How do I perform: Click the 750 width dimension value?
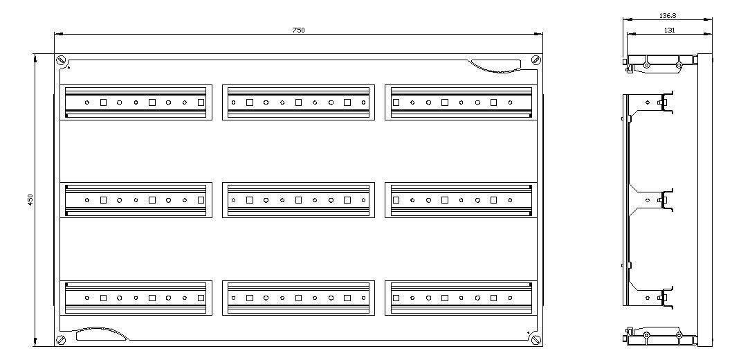click(298, 30)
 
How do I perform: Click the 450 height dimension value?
click(30, 199)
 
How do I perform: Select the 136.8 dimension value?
click(667, 16)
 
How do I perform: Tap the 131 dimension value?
click(668, 30)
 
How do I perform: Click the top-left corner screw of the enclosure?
click(60, 60)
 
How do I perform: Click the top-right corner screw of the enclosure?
click(536, 60)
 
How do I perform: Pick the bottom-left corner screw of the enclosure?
click(60, 339)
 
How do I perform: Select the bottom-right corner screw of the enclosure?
click(536, 339)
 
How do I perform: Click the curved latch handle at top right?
click(496, 66)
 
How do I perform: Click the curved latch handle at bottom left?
click(100, 334)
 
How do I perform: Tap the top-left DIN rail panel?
click(136, 102)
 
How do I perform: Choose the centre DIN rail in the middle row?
click(299, 200)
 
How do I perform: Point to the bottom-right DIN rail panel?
click(461, 298)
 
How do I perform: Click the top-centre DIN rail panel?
click(299, 102)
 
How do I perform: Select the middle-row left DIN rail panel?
click(136, 200)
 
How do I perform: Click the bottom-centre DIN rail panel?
click(299, 298)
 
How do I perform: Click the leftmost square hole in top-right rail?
click(396, 102)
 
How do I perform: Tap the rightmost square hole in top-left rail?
click(201, 102)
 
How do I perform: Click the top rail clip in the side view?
click(666, 102)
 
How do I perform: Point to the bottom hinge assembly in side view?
click(660, 335)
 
